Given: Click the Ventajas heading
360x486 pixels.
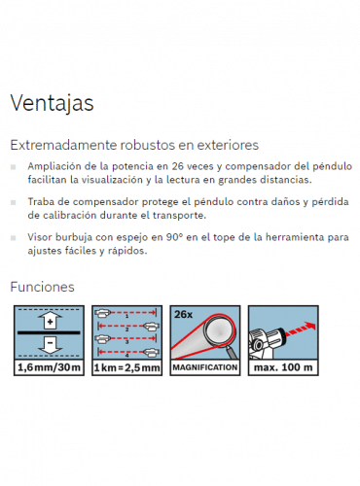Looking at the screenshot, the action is pyautogui.click(x=52, y=103).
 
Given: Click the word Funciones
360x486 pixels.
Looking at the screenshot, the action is pyautogui.click(x=43, y=287).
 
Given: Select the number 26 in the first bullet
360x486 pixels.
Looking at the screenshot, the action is pyautogui.click(x=178, y=166).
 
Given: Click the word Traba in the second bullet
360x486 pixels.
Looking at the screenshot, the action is pyautogui.click(x=37, y=201).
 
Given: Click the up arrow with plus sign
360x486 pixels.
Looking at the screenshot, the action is pyautogui.click(x=50, y=321).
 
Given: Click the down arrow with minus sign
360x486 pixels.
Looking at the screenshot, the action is pyautogui.click(x=50, y=345).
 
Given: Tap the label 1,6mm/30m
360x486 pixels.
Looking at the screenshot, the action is pyautogui.click(x=49, y=367).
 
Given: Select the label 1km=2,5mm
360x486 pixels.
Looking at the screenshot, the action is pyautogui.click(x=127, y=367).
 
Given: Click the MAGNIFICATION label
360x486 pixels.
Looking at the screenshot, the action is pyautogui.click(x=205, y=367).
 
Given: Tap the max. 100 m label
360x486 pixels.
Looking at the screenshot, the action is pyautogui.click(x=283, y=367).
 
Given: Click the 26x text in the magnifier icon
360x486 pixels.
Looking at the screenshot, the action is pyautogui.click(x=183, y=314).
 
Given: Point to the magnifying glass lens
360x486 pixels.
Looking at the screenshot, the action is pyautogui.click(x=219, y=330).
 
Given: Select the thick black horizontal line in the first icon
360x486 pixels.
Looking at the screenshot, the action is pyautogui.click(x=49, y=332).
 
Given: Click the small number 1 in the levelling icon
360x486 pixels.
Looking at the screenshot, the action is pyautogui.click(x=127, y=316).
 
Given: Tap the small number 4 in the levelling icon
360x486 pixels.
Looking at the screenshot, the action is pyautogui.click(x=127, y=356).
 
